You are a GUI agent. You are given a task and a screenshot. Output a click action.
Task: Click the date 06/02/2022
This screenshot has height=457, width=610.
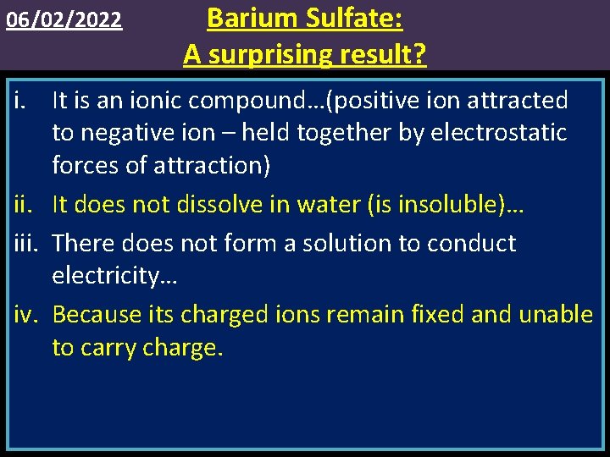coord(64,19)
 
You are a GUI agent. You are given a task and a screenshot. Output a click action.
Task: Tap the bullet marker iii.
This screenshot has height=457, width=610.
coord(25,244)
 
